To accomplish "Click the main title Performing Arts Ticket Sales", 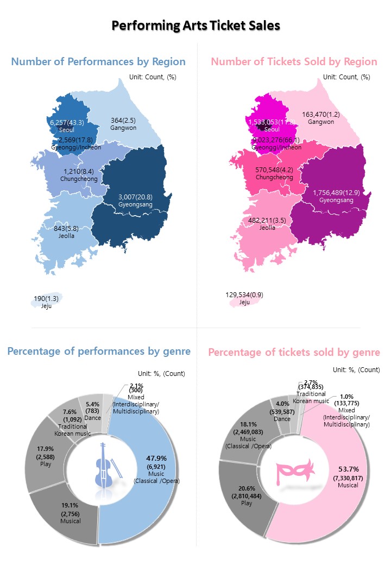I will point(195,26).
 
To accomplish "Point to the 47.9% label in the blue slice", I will point(156,458).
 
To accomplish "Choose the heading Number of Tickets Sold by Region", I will point(294,61).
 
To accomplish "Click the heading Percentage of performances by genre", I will point(99,351).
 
